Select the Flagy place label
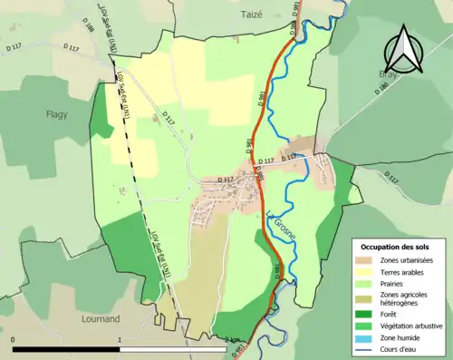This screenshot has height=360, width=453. click(x=58, y=114)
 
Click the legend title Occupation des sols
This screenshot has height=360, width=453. click(x=396, y=246)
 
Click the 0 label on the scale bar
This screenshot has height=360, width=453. click(x=13, y=341)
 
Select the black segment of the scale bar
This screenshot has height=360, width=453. click(x=65, y=349)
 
